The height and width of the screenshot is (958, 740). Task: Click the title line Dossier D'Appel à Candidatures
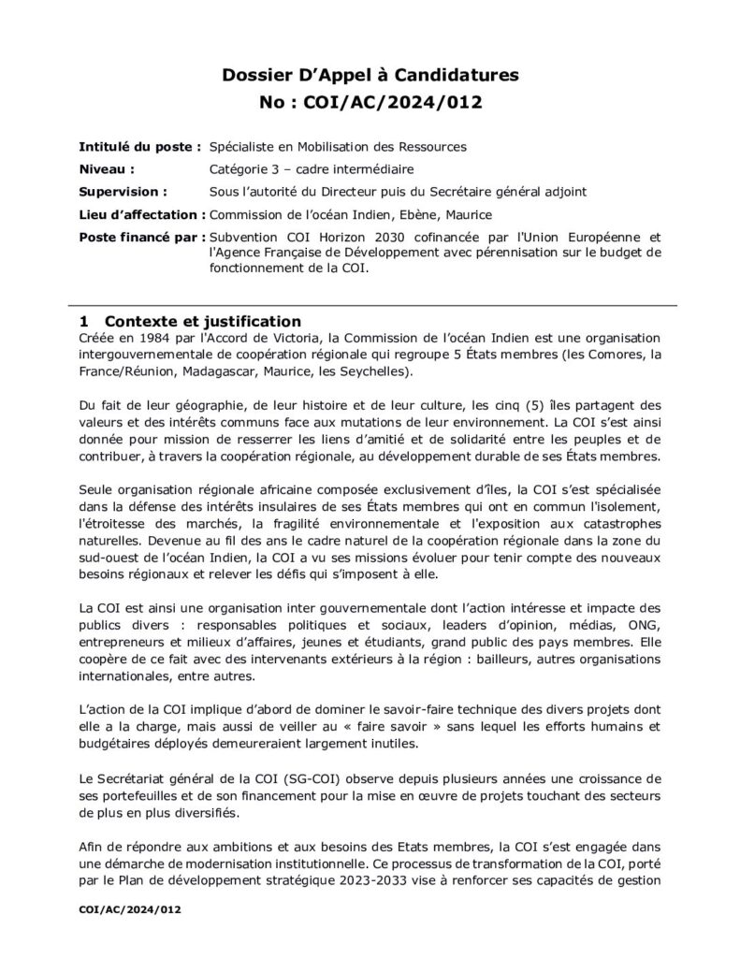coord(370,74)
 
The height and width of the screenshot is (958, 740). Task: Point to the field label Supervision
coord(121,192)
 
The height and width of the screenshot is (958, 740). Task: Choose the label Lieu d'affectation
coord(138,214)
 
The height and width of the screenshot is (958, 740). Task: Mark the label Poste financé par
coord(139,237)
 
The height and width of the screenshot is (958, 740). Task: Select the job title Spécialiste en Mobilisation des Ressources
coord(338,147)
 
